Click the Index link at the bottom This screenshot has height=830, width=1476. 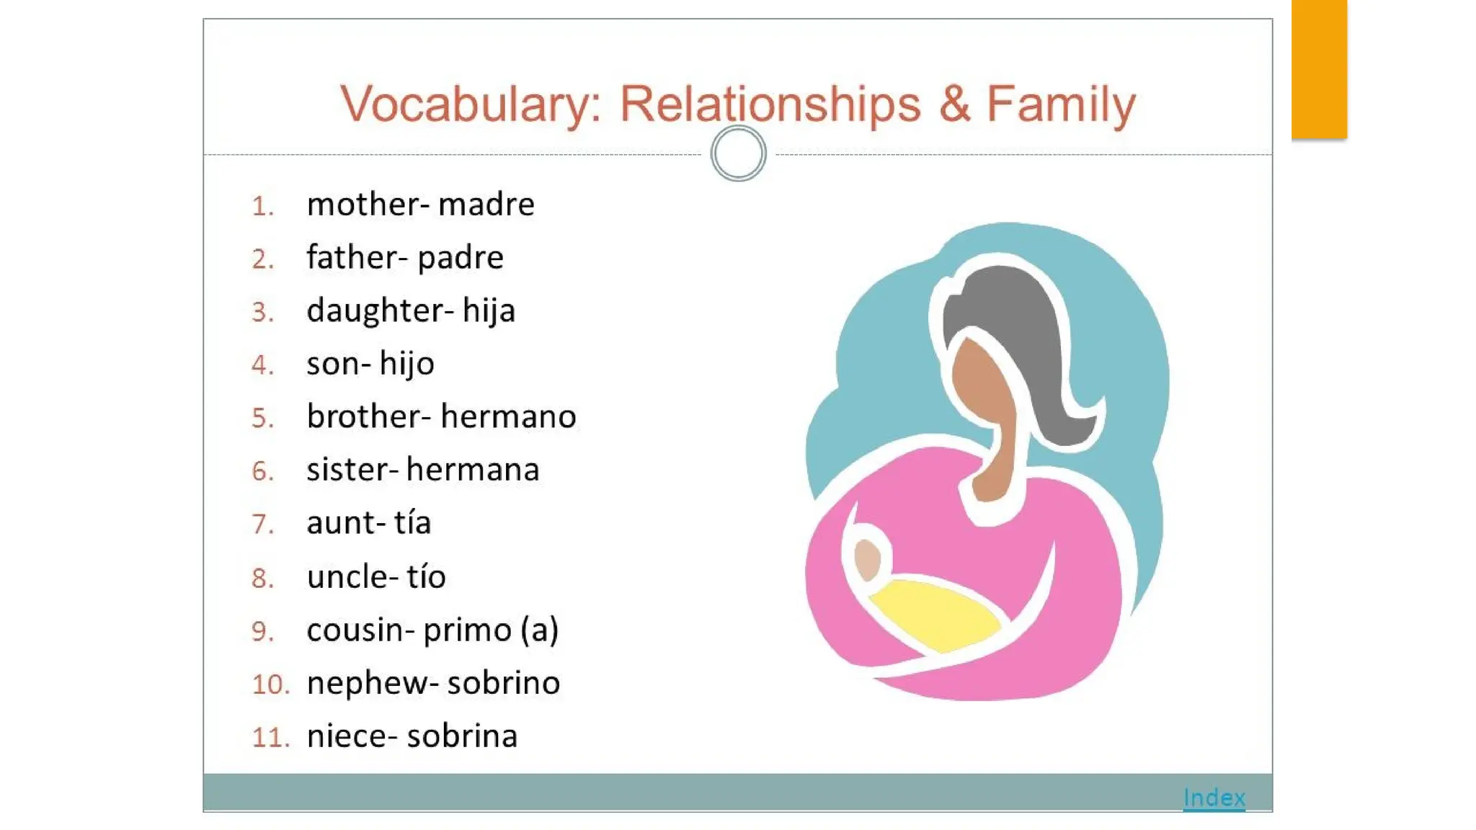[1214, 798]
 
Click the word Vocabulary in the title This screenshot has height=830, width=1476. [471, 104]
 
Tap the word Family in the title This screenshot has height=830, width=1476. [1060, 104]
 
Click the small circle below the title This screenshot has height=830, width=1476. [738, 153]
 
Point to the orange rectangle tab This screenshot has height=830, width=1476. [1319, 68]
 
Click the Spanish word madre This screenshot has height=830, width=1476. [486, 205]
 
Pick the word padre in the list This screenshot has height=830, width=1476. [461, 258]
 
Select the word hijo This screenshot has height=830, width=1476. [406, 364]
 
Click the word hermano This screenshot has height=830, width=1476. [508, 416]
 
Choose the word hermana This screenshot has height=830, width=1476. [472, 470]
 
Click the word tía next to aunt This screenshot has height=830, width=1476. [412, 522]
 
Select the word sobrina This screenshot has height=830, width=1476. [462, 736]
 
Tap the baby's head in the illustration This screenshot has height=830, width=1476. [867, 558]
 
